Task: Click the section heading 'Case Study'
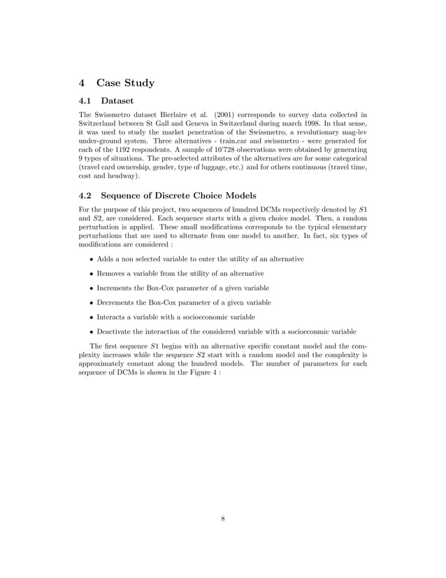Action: point(125,83)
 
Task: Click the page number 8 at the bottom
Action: point(222,519)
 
